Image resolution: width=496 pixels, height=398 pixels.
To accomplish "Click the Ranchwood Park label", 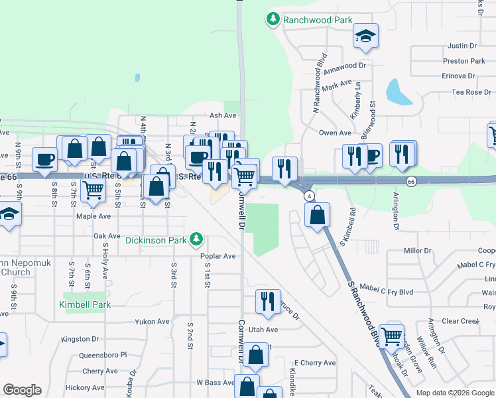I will tap(318, 20).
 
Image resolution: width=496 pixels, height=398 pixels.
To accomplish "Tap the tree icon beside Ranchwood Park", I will tap(273, 19).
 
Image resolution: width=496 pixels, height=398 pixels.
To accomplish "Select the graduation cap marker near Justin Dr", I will tap(365, 37).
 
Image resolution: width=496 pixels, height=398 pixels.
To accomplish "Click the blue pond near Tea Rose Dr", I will tap(397, 92).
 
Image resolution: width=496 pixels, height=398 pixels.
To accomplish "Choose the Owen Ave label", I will tap(334, 133).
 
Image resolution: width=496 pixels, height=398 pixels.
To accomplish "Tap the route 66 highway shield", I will tap(411, 181).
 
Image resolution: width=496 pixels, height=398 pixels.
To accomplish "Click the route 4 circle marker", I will tap(309, 196).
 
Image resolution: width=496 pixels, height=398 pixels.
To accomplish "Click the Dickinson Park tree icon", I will tap(196, 238).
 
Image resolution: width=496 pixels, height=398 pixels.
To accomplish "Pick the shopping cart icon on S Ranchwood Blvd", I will tap(391, 335).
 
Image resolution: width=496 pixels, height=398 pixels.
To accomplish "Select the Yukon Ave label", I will tap(153, 322).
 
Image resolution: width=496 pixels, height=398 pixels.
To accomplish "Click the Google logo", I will tap(22, 390).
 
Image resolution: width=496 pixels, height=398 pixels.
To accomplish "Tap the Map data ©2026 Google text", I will tap(454, 393).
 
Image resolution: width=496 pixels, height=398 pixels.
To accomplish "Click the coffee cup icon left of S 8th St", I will tap(46, 159).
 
